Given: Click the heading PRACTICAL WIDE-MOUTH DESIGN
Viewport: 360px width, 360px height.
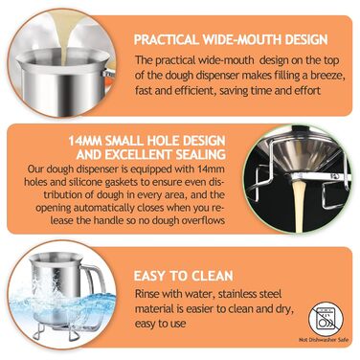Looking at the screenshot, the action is pos(231,40).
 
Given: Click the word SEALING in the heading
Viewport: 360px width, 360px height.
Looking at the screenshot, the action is pos(201,154).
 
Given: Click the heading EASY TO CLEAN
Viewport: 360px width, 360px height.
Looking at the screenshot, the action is pos(183,276).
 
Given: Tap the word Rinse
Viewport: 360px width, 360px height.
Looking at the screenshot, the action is pos(146,293).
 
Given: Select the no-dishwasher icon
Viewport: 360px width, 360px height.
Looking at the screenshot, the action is pos(326,320).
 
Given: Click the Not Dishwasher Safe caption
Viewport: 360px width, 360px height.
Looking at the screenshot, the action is pos(324,340).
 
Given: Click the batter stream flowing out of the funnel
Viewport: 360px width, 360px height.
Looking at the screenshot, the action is pos(299,202).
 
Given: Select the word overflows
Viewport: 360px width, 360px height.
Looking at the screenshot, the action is pos(203,220).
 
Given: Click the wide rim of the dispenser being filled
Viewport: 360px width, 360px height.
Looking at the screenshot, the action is pos(62,60).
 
